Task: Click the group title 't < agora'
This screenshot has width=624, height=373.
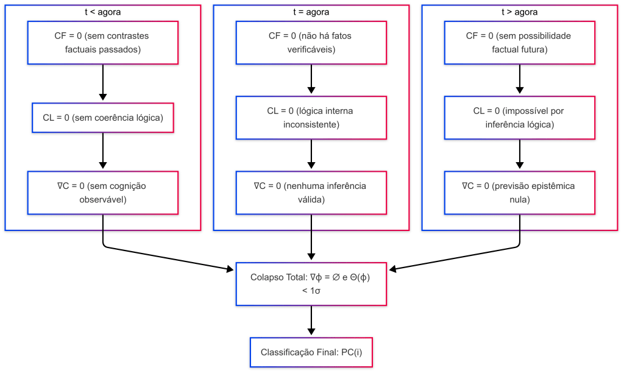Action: click(x=102, y=12)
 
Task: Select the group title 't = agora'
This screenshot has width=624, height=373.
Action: click(x=311, y=12)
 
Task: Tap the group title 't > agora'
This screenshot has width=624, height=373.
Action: click(x=519, y=12)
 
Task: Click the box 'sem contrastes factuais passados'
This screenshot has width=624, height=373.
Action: click(x=102, y=43)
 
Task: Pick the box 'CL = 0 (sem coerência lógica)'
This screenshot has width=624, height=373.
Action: click(x=102, y=118)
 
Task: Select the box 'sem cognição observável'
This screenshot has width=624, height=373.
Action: click(x=102, y=193)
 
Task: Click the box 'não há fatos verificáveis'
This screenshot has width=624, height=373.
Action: click(x=311, y=43)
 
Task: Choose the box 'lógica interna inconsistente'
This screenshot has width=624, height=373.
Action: click(x=311, y=118)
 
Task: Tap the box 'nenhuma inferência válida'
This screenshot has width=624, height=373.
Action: click(x=311, y=193)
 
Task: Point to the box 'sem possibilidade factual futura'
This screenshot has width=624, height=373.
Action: click(x=519, y=43)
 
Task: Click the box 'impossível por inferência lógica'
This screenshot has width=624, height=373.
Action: click(x=519, y=118)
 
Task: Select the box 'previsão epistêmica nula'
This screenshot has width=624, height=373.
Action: click(x=519, y=193)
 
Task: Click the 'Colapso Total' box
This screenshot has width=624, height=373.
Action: click(x=311, y=283)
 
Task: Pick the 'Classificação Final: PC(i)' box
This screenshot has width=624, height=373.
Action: click(x=311, y=352)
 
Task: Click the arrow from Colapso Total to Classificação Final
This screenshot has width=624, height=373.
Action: click(x=311, y=321)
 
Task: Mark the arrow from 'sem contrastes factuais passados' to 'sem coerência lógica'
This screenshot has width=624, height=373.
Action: click(x=102, y=82)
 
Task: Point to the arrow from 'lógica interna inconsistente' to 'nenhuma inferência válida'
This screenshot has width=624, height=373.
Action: click(x=311, y=155)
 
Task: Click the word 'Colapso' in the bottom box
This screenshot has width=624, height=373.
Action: click(x=265, y=277)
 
